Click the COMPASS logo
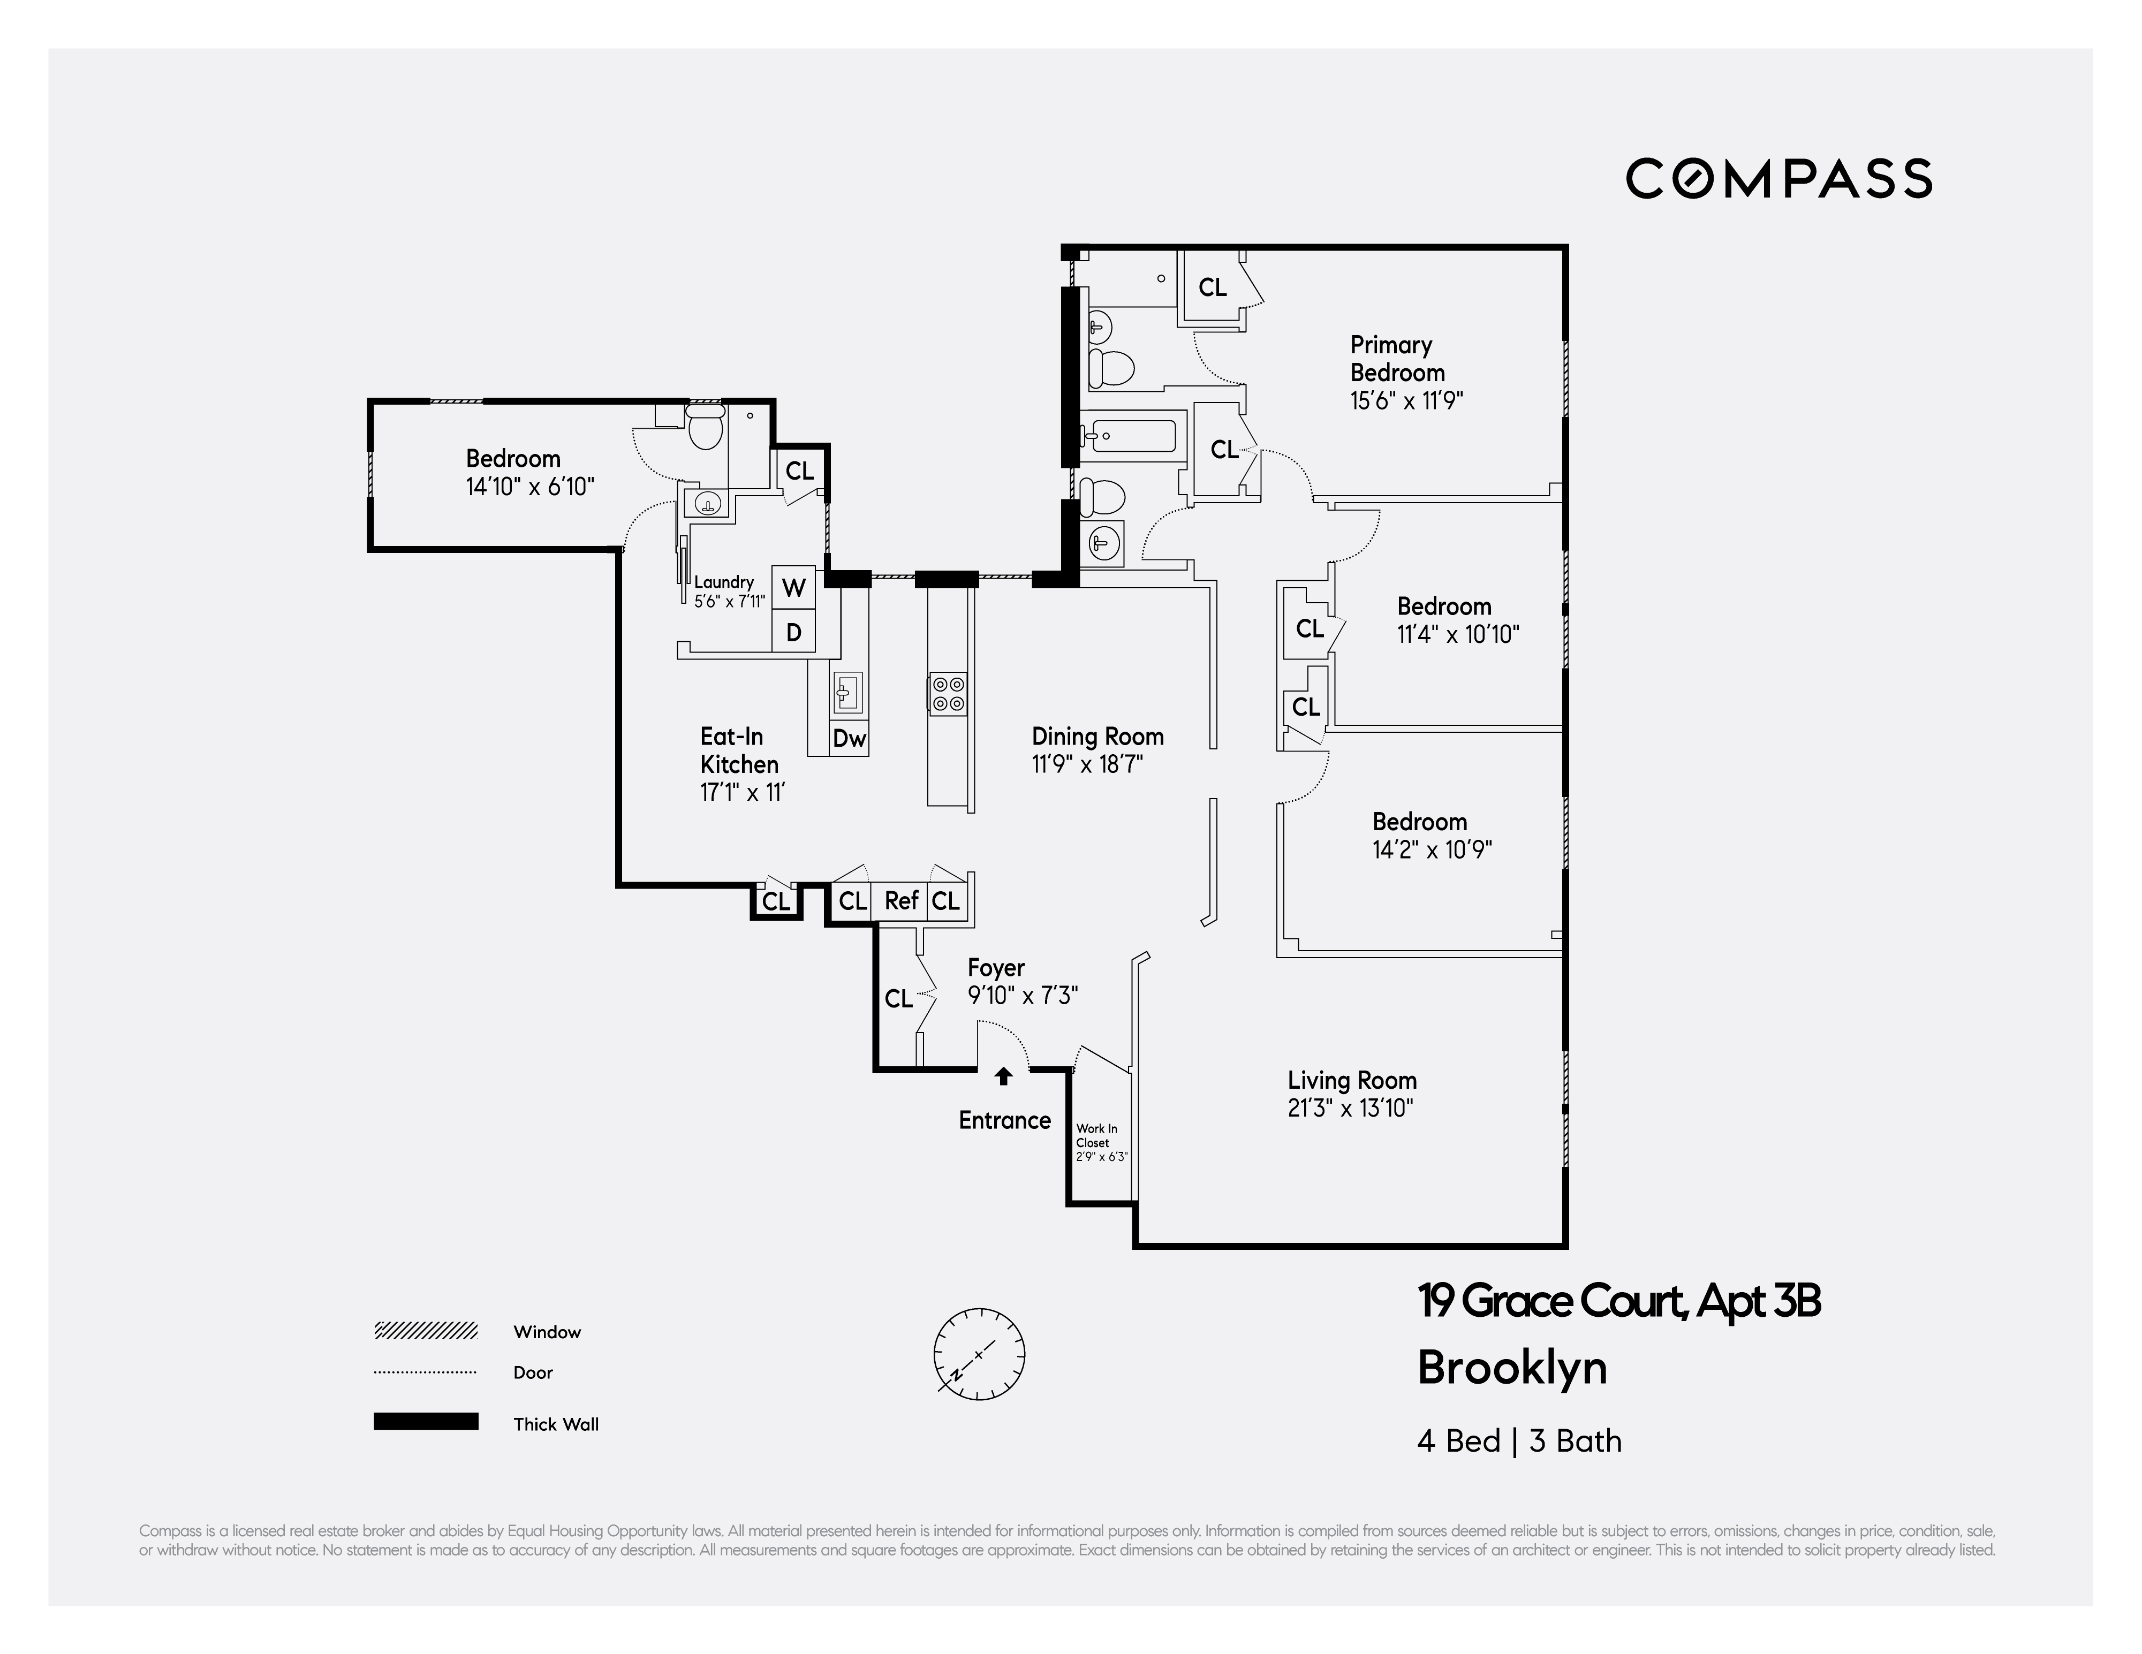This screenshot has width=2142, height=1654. click(x=1778, y=178)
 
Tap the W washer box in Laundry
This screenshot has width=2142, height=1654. click(x=793, y=588)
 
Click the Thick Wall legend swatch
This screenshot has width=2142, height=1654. click(x=426, y=1422)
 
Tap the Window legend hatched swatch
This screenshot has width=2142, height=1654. click(x=426, y=1331)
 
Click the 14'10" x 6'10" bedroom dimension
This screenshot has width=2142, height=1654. click(x=529, y=487)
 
